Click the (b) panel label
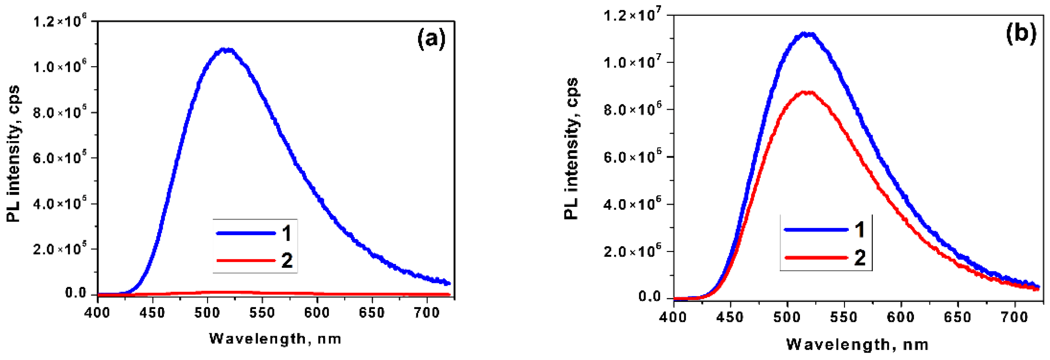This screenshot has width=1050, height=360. point(1021,33)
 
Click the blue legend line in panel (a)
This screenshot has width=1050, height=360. point(246,233)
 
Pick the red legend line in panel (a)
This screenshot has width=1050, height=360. point(246,260)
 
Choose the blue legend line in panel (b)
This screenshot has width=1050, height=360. point(817,229)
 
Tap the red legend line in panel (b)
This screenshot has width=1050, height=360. point(817,258)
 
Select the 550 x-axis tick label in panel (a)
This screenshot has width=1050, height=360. point(262,313)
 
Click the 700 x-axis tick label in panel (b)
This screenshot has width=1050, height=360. point(1014,317)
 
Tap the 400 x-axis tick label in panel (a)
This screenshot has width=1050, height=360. point(98,313)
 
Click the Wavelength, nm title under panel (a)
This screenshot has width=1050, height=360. point(275,339)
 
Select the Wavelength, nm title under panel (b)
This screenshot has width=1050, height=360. point(858,345)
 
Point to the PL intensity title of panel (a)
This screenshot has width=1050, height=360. point(13,154)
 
